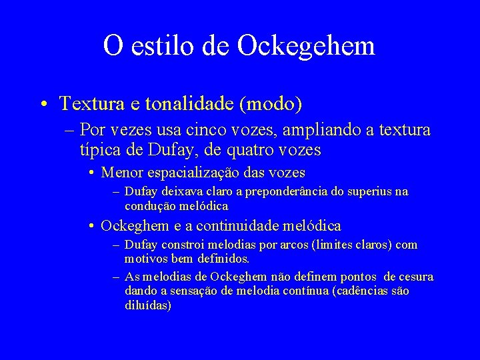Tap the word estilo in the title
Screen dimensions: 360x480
(x=161, y=45)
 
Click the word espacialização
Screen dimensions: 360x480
(x=205, y=173)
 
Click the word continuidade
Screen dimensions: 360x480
(x=238, y=226)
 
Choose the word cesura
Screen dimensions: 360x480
(x=415, y=277)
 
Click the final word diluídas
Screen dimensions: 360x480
(x=148, y=306)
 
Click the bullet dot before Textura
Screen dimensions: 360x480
(x=42, y=105)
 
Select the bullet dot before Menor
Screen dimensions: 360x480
(x=91, y=173)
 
